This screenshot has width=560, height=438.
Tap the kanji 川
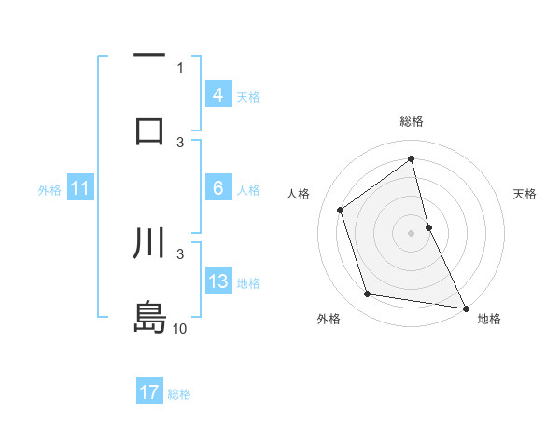[149, 244]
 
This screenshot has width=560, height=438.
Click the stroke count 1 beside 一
[180, 67]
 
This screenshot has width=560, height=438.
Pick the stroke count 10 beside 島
[180, 329]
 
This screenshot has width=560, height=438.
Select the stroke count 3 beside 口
[180, 142]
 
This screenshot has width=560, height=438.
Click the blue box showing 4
[217, 95]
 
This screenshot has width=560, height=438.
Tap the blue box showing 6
[217, 189]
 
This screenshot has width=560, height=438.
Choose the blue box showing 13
[217, 282]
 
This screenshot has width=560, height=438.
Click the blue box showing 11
[79, 189]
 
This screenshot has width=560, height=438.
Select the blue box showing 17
[149, 393]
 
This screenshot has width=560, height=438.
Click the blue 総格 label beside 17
[179, 394]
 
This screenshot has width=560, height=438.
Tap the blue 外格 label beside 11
[49, 190]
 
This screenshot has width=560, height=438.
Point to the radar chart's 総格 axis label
[412, 121]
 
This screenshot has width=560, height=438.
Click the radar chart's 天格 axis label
[525, 194]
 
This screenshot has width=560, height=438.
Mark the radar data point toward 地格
[465, 307]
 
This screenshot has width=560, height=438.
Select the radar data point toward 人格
[341, 210]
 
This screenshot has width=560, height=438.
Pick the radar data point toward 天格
[428, 226]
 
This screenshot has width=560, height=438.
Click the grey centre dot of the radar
[412, 232]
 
